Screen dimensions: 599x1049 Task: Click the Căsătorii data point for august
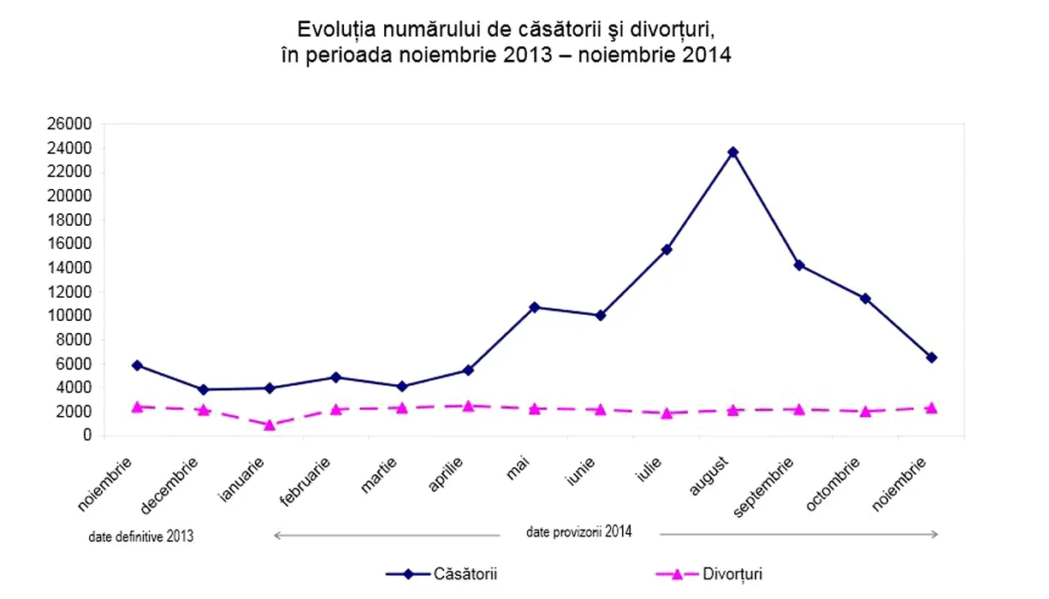coord(732,152)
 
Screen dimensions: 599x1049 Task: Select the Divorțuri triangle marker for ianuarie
coord(270,424)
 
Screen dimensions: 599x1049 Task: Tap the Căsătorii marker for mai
coord(534,306)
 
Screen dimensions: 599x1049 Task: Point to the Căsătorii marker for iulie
coord(667,249)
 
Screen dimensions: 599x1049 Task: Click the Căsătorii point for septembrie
coord(799,265)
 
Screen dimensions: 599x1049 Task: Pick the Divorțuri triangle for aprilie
coord(468,406)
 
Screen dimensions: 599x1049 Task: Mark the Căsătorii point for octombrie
coord(865,299)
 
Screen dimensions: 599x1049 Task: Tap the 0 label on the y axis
coord(86,436)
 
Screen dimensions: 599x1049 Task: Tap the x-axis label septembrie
coord(766,488)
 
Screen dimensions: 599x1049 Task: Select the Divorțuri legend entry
coord(732,574)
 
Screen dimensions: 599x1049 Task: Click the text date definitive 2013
coord(141,537)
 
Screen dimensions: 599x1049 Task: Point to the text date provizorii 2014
coord(579,531)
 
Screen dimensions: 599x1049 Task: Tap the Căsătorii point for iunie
coord(601,315)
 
